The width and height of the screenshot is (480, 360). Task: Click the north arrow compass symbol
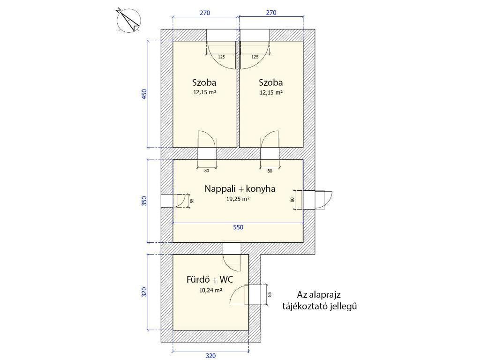pyautogui.click(x=128, y=20)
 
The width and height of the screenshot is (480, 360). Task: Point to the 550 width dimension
pyautogui.click(x=238, y=227)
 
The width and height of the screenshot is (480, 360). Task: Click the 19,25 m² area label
pyautogui.click(x=238, y=199)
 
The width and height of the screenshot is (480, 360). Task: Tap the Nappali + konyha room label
pyautogui.click(x=240, y=188)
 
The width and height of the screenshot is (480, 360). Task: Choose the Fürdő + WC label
pyautogui.click(x=210, y=279)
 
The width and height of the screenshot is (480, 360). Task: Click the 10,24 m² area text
pyautogui.click(x=210, y=290)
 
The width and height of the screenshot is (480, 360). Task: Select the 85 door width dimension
pyautogui.click(x=270, y=294)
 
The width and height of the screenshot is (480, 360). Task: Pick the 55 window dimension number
pyautogui.click(x=192, y=201)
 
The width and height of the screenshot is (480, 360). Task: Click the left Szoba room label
pyautogui.click(x=204, y=82)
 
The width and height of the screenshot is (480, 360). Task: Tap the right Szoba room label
pyautogui.click(x=270, y=82)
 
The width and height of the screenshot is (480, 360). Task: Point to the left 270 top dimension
pyautogui.click(x=205, y=13)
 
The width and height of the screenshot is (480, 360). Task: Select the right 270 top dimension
pyautogui.click(x=271, y=13)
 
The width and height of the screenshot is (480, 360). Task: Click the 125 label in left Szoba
pyautogui.click(x=221, y=57)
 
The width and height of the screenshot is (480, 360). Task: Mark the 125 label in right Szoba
pyautogui.click(x=255, y=57)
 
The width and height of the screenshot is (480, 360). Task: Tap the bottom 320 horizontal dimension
pyautogui.click(x=210, y=356)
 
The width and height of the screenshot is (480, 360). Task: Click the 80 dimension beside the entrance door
pyautogui.click(x=292, y=200)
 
